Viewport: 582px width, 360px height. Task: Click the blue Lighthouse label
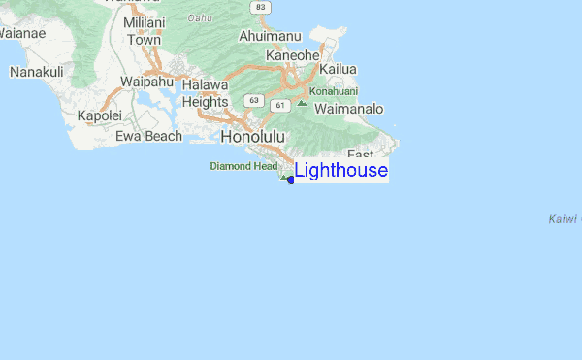pyautogui.click(x=340, y=171)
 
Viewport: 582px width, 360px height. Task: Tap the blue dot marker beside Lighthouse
pyautogui.click(x=291, y=180)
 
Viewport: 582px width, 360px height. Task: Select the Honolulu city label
pyautogui.click(x=253, y=137)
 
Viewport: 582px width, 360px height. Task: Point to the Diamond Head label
pyautogui.click(x=243, y=166)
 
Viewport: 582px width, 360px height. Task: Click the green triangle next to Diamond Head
pyautogui.click(x=283, y=177)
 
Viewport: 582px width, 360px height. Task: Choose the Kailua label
pyautogui.click(x=339, y=70)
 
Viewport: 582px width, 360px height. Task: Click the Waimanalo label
pyautogui.click(x=350, y=110)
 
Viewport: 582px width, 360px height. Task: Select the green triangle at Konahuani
pyautogui.click(x=303, y=102)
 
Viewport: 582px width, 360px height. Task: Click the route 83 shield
pyautogui.click(x=259, y=7)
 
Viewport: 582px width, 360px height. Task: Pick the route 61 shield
pyautogui.click(x=280, y=104)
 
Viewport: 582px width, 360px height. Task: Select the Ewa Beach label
pyautogui.click(x=148, y=136)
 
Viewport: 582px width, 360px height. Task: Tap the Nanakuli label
pyautogui.click(x=36, y=72)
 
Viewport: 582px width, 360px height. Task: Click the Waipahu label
pyautogui.click(x=145, y=82)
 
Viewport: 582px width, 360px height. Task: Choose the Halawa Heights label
pyautogui.click(x=204, y=93)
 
